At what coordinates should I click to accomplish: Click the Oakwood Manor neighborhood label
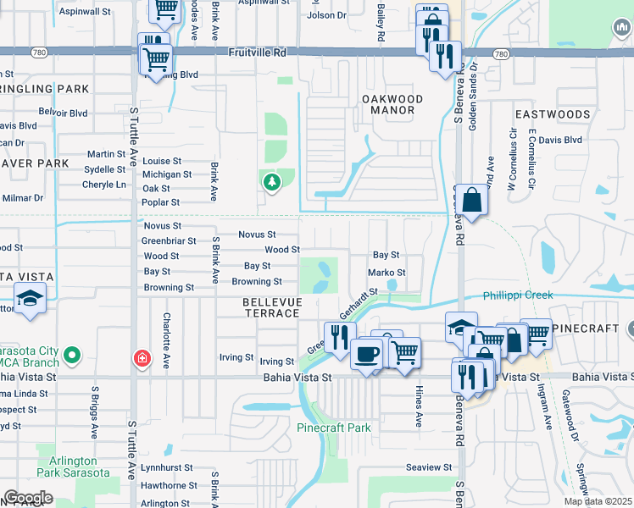(x=392, y=104)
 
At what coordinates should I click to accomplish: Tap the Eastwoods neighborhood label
(x=552, y=114)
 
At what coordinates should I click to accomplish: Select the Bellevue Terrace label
(x=271, y=307)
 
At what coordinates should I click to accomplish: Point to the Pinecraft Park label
(x=333, y=428)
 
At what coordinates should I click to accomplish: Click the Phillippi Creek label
(x=518, y=295)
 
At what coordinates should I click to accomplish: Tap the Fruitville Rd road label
(x=259, y=52)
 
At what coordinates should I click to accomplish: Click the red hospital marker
(x=142, y=359)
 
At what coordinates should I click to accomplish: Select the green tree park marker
(x=271, y=182)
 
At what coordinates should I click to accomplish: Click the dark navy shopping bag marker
(x=473, y=202)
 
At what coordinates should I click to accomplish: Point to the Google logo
(x=28, y=498)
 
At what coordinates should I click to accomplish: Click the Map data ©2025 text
(x=598, y=501)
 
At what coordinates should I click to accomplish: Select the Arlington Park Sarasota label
(x=73, y=467)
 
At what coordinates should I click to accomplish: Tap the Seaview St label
(x=429, y=467)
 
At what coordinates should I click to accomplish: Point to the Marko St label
(x=387, y=273)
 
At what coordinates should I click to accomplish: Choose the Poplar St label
(x=161, y=203)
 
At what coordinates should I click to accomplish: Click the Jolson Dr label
(x=327, y=15)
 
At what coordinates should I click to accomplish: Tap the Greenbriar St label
(x=169, y=240)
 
